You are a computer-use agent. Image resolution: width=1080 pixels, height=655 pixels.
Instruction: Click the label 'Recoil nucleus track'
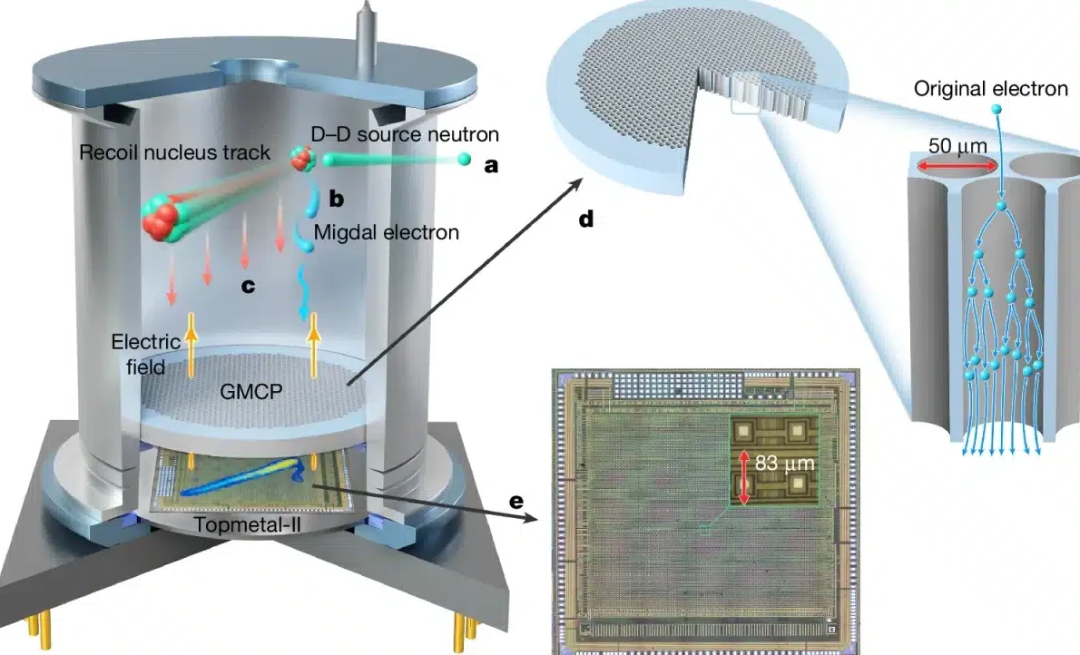pos(174,152)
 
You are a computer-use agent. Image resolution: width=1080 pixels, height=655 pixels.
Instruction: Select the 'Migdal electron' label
pos(386,233)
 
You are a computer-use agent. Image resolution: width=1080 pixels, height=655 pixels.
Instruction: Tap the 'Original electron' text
pos(991,88)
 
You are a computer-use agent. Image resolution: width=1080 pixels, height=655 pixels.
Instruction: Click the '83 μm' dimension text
pos(785,464)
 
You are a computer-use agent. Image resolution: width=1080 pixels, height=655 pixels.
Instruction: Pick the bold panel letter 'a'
pos(491,166)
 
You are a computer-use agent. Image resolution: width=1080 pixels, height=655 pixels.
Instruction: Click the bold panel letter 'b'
pos(336,197)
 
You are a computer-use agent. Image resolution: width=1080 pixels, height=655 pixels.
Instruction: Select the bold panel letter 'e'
pos(516,500)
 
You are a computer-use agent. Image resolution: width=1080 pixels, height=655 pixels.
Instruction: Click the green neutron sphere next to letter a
pos(464,161)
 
